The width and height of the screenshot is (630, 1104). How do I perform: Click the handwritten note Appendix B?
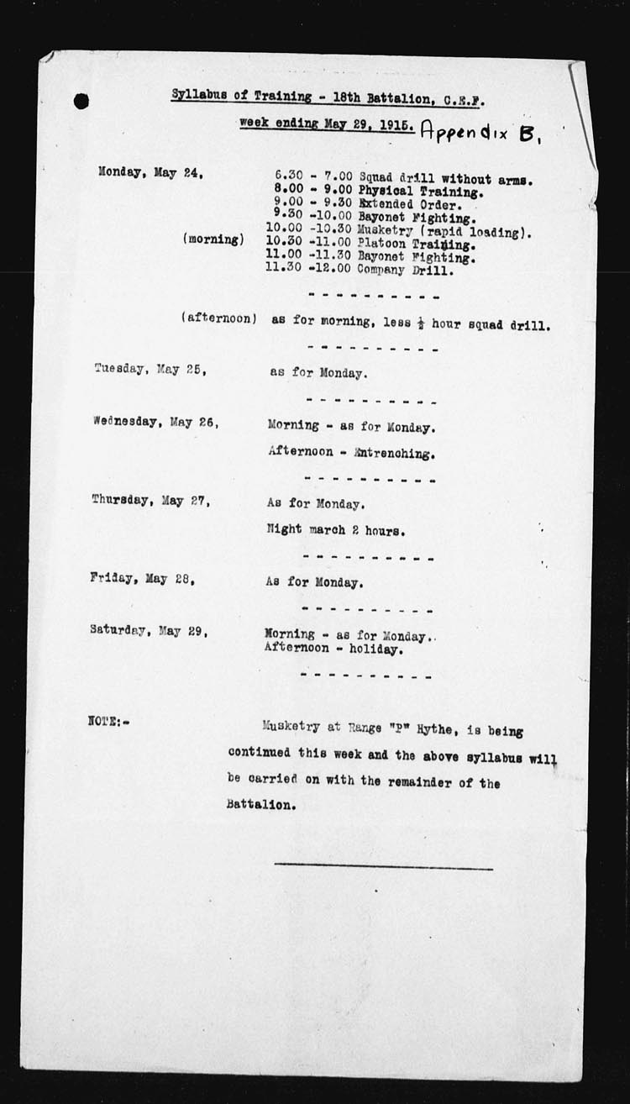coord(482,131)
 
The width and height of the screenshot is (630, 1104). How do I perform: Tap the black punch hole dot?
coord(81,102)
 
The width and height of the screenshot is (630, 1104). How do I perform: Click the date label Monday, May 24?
coord(152,174)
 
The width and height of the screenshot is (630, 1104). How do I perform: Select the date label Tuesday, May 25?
coord(150,369)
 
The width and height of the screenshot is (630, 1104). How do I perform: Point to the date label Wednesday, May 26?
coord(155,422)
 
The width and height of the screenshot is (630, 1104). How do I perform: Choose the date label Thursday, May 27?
coord(150,500)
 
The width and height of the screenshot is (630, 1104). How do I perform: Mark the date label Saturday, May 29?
coord(149,630)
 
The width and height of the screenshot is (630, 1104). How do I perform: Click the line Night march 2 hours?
coord(337,530)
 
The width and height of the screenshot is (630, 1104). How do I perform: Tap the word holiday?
coord(375,649)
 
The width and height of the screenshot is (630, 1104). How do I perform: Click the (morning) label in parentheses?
coord(213,239)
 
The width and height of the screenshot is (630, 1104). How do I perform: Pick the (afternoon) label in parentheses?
coord(218,319)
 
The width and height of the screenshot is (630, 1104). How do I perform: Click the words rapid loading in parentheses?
coord(486,232)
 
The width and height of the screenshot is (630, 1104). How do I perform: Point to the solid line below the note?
coord(383,865)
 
